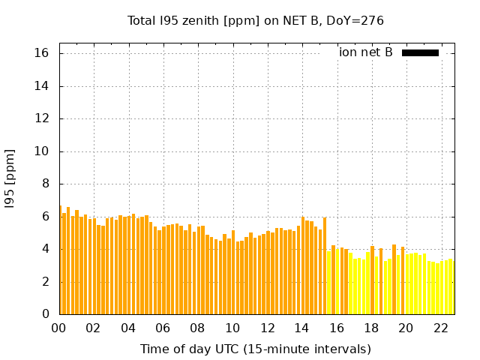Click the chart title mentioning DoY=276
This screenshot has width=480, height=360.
(255, 20)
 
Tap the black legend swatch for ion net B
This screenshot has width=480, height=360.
(420, 52)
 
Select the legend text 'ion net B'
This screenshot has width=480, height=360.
(366, 52)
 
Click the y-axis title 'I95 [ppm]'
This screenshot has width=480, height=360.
(10, 178)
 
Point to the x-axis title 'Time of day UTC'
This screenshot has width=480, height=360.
(255, 349)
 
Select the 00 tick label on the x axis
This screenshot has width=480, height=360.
(59, 328)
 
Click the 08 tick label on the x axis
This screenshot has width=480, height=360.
(198, 328)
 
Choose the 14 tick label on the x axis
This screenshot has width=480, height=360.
(302, 328)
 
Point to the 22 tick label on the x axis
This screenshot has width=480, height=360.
(441, 328)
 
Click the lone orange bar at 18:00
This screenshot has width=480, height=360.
(372, 281)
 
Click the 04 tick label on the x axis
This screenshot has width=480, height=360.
(128, 328)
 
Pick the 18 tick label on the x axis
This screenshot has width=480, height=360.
(371, 328)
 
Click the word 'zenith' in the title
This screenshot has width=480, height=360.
(198, 20)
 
